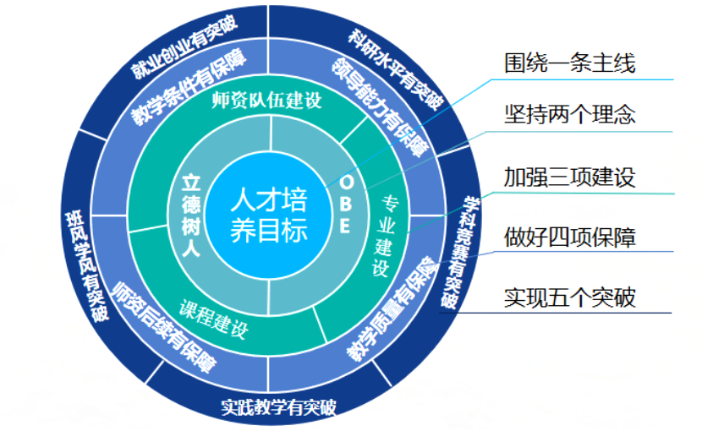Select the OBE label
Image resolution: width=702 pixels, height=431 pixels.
click(x=345, y=206)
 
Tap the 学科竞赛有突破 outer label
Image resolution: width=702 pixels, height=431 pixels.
click(x=462, y=254)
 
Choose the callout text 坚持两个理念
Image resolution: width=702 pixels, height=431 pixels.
click(x=569, y=114)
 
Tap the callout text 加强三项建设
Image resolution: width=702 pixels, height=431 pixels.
click(x=569, y=177)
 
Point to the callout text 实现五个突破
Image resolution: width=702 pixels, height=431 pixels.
click(x=569, y=297)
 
